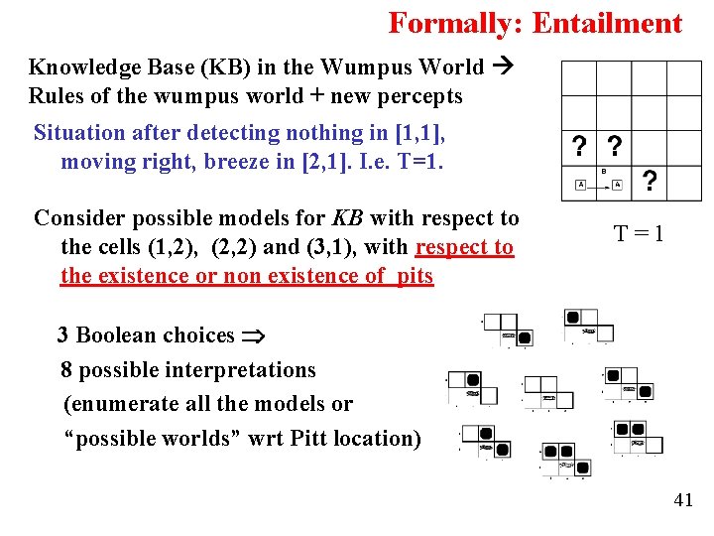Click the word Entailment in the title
(607, 23)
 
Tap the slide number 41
(683, 499)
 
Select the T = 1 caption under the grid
(639, 234)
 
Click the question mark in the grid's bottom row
(649, 181)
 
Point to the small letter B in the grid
(604, 171)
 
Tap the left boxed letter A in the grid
(580, 185)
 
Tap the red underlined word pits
(415, 276)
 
